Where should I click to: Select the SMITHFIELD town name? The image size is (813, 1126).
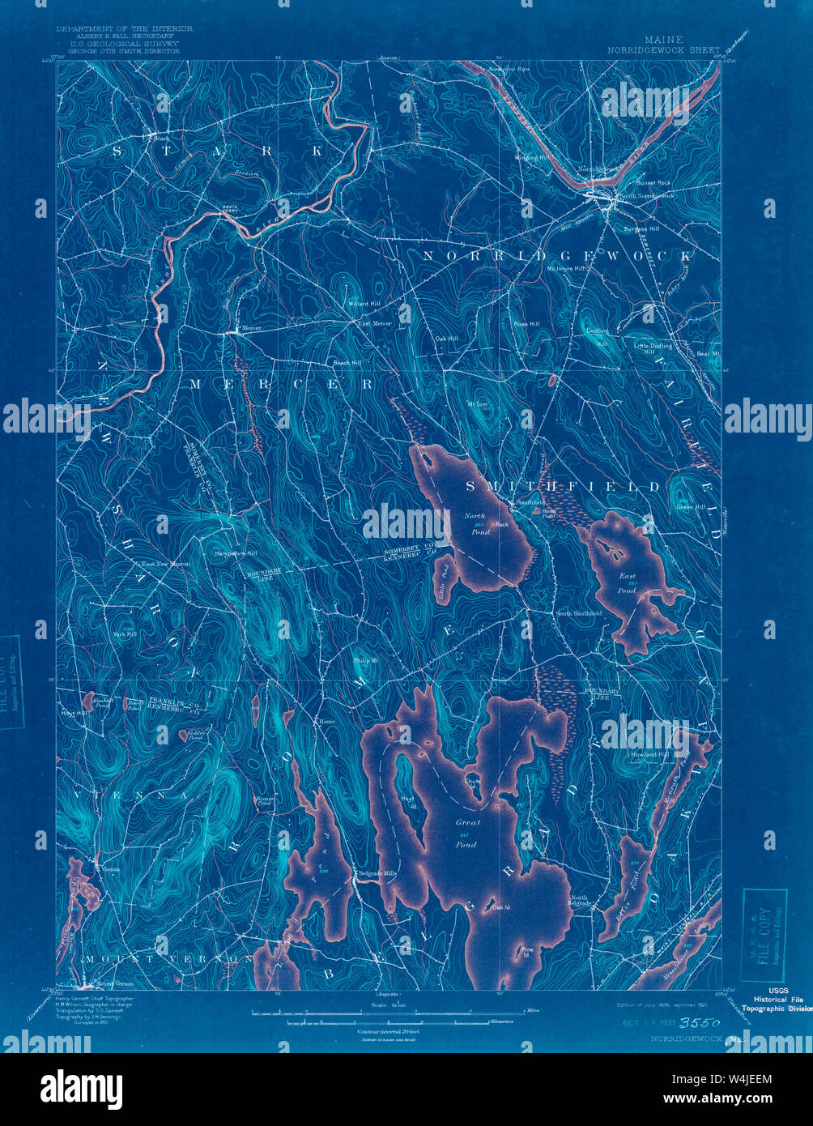pyautogui.click(x=563, y=487)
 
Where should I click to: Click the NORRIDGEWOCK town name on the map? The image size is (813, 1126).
pyautogui.click(x=557, y=255)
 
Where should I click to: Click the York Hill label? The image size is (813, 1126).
pyautogui.click(x=125, y=633)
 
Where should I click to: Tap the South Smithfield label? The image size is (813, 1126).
pyautogui.click(x=578, y=614)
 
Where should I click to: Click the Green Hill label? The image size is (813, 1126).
pyautogui.click(x=690, y=508)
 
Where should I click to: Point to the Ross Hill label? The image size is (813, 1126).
pyautogui.click(x=526, y=323)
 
